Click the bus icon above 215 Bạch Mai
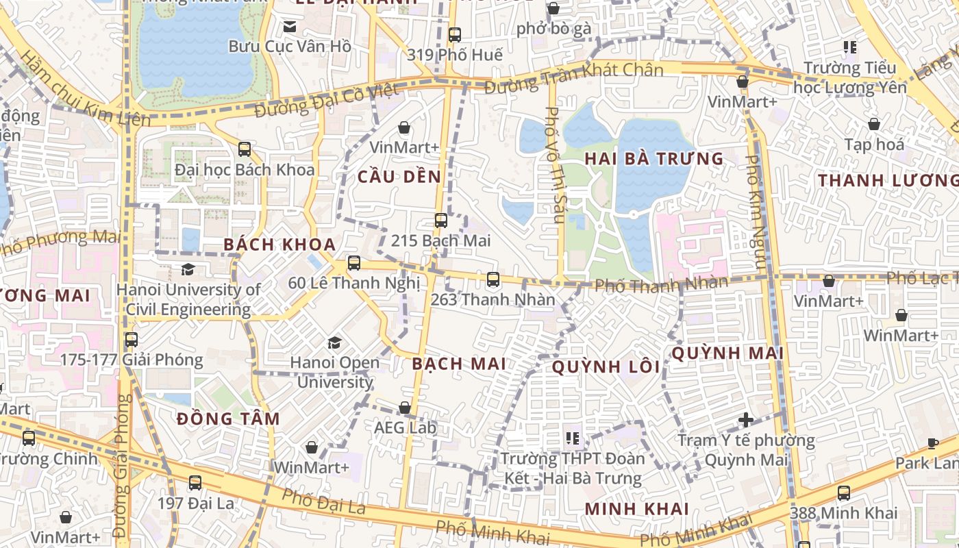441,221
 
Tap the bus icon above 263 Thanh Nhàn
493,279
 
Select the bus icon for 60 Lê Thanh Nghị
353,263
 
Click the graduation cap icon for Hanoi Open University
334,342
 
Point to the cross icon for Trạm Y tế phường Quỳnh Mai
747,419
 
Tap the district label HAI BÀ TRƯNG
653,159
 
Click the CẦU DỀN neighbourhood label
399,177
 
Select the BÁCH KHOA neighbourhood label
279,245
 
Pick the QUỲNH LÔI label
606,367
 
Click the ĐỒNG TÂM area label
228,419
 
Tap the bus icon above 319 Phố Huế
455,34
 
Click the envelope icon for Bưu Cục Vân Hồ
290,27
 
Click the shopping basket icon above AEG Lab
405,408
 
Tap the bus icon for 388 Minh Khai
844,493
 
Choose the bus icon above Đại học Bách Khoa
245,149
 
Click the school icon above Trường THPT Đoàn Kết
573,438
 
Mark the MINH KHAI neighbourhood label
637,509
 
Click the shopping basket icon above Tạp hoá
874,124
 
